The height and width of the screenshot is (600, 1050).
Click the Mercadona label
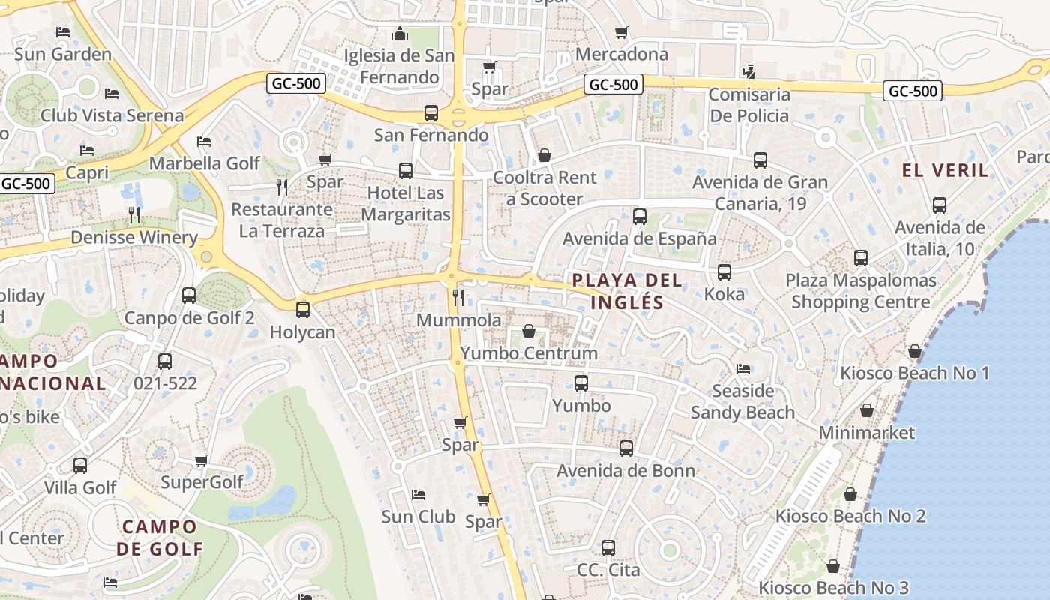621,54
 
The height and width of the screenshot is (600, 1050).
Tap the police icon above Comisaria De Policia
748,72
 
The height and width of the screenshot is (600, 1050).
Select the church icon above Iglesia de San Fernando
399,34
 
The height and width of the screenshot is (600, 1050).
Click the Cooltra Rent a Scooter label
544,188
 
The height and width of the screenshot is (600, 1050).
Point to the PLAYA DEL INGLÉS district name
627,291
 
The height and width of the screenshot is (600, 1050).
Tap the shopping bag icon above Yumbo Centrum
529,331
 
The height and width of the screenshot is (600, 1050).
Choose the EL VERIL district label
945,170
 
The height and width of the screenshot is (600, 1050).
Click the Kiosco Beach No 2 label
850,516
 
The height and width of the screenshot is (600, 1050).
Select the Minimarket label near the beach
866,432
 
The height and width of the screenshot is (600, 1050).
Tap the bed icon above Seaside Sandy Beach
742,368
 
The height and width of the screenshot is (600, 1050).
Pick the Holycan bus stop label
302,331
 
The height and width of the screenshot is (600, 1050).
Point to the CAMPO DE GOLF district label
160,537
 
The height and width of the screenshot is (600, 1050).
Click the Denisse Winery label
134,238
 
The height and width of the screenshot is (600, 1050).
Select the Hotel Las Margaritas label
406,204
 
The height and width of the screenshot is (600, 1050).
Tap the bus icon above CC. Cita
608,547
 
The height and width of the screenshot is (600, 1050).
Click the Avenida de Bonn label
625,471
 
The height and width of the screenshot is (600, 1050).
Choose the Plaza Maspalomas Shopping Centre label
861,291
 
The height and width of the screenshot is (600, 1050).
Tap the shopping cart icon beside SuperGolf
201,460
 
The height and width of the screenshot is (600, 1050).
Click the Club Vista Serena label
112,115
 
